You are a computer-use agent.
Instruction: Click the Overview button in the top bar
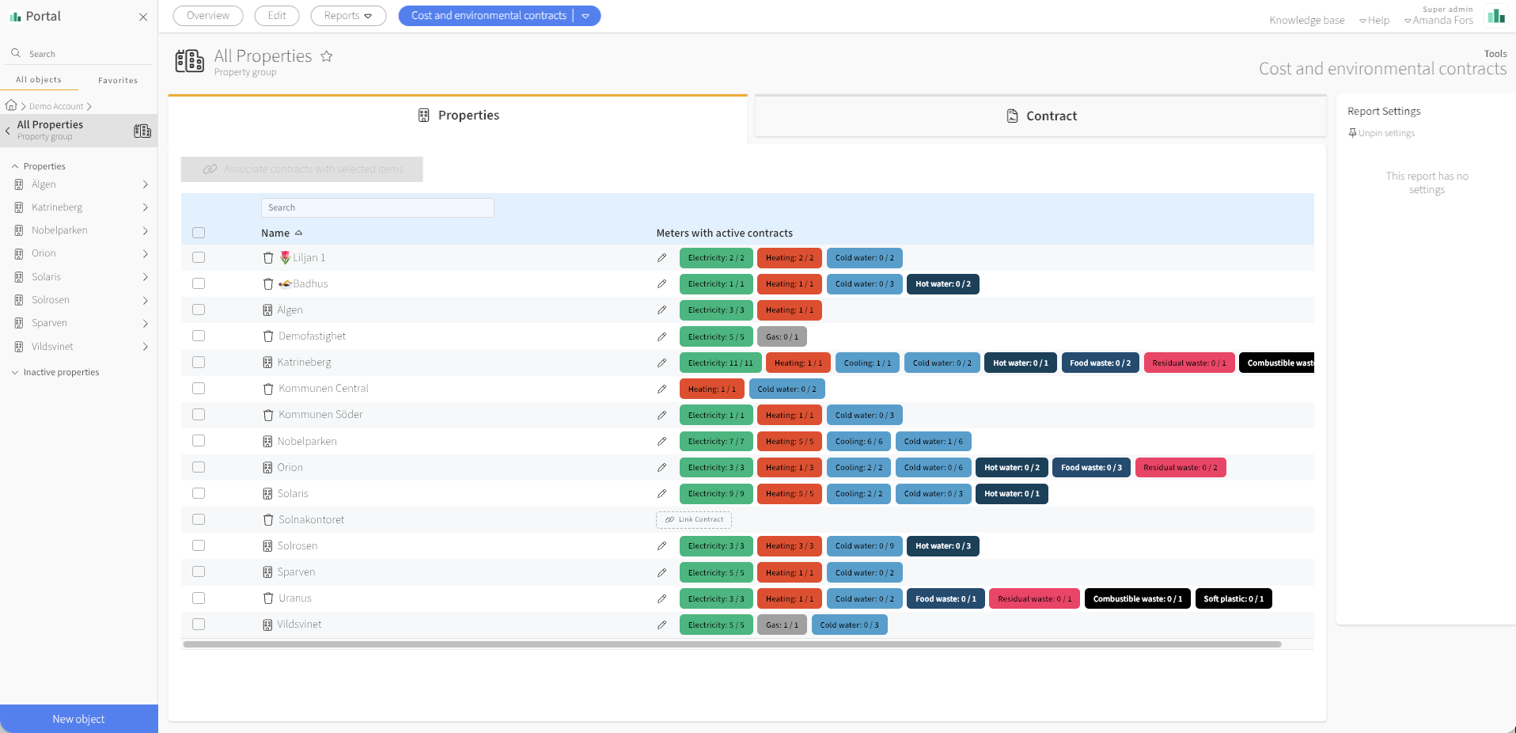[x=208, y=16]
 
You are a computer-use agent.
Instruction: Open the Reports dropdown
[x=348, y=16]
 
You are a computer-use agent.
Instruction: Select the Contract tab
[x=1040, y=116]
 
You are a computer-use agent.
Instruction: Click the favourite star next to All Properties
[x=327, y=56]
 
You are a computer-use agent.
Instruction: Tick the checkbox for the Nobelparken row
[x=199, y=441]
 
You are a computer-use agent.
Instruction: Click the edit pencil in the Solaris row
[x=661, y=494]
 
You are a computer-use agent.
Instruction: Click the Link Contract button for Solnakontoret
[x=694, y=520]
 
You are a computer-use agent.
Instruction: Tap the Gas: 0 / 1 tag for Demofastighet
[x=782, y=336]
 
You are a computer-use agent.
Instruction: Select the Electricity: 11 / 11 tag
[x=720, y=363]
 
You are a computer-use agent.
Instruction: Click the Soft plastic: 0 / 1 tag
[x=1234, y=598]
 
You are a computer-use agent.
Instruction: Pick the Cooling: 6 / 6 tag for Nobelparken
[x=858, y=441]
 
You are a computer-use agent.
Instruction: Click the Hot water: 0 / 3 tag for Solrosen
[x=942, y=546]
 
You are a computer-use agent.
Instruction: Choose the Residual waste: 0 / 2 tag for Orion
[x=1180, y=468]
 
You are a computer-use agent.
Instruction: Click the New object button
[x=78, y=719]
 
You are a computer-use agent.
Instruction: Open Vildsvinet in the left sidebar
[x=52, y=347]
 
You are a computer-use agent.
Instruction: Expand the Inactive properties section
[x=61, y=372]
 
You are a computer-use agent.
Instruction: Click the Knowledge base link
[x=1306, y=21]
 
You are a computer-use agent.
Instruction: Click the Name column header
[x=275, y=233]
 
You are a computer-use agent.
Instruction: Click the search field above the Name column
[x=377, y=207]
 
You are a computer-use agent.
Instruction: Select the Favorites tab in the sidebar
[x=118, y=80]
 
